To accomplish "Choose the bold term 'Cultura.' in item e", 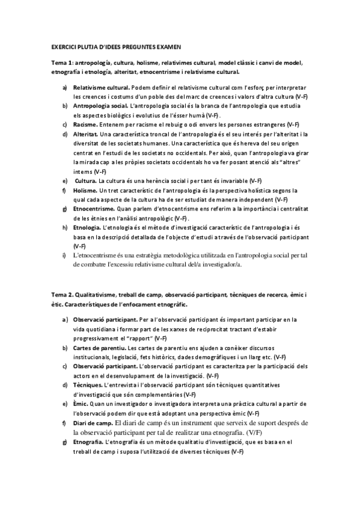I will pos(87,180).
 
